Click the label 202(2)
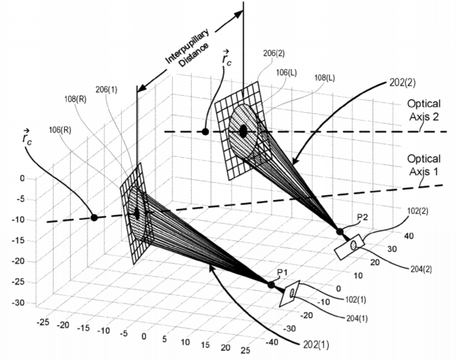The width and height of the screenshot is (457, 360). (x=402, y=82)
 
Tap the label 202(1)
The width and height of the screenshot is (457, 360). (x=316, y=345)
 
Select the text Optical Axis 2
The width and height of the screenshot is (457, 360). (x=424, y=110)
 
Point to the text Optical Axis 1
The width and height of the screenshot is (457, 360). (x=424, y=165)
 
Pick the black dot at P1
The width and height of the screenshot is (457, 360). (x=271, y=285)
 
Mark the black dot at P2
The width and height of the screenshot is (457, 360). (x=340, y=232)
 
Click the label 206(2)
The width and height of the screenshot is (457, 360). (x=274, y=53)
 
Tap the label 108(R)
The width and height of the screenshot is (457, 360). (x=75, y=100)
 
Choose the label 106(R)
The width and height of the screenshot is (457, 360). (x=60, y=130)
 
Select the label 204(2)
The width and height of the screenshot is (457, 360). (x=421, y=269)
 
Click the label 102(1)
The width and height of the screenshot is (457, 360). (x=356, y=300)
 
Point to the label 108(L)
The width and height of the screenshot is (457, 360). (x=324, y=78)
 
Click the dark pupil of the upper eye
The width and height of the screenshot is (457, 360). (x=243, y=131)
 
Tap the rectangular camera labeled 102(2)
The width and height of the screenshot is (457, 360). (x=350, y=247)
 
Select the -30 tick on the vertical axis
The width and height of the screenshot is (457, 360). (x=18, y=303)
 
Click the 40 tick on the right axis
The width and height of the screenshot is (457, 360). (x=408, y=235)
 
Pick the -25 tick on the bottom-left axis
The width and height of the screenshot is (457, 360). (x=43, y=322)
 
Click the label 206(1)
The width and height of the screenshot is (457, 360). (x=106, y=90)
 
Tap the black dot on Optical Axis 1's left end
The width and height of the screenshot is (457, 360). (x=94, y=217)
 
